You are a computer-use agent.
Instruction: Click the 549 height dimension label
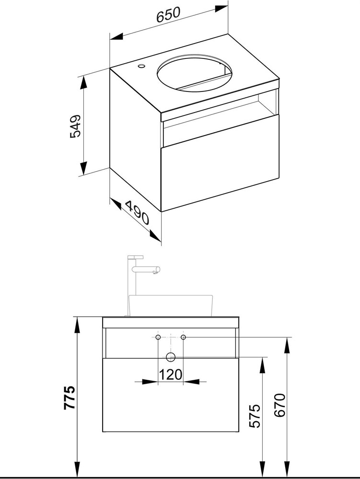75,126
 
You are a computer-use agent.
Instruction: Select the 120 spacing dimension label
171,375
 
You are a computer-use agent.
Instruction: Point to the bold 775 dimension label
70,397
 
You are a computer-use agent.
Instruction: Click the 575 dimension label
255,416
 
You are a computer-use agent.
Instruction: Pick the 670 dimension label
279,405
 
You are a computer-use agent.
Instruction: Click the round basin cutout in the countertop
195,73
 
